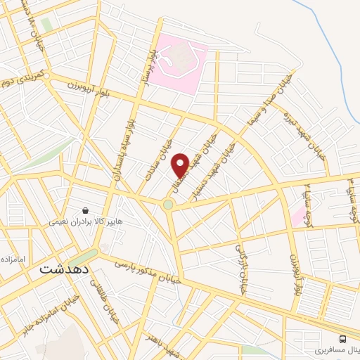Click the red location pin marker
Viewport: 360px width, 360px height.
pos(180,164)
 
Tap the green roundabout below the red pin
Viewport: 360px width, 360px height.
pos(169,205)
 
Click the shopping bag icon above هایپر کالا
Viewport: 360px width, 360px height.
pos(85,210)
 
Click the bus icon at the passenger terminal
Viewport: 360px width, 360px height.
pos(342,337)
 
